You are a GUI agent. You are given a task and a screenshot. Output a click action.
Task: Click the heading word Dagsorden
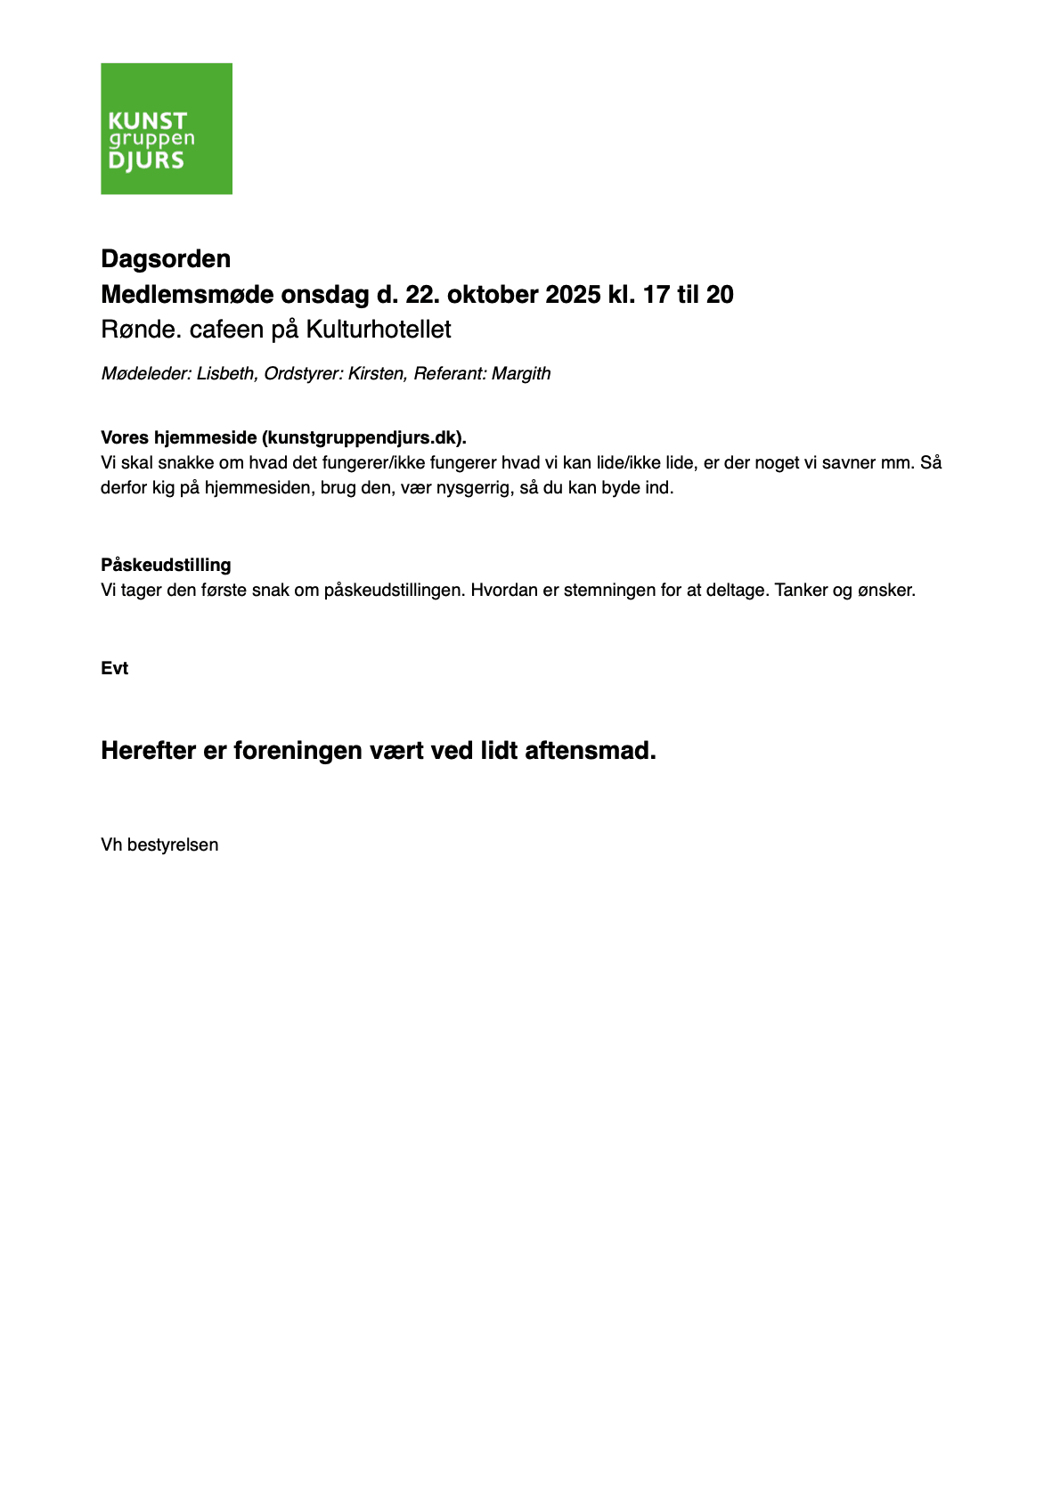[166, 259]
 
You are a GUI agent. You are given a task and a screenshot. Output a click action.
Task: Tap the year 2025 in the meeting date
[573, 295]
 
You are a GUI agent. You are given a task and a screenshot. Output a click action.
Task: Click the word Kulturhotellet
[379, 330]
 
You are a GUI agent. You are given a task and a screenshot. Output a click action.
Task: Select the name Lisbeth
[226, 374]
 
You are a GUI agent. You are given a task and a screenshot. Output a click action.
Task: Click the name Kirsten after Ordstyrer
[377, 374]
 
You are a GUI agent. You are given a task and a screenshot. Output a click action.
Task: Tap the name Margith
[521, 374]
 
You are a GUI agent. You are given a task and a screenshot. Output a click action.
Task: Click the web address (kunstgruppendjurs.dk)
[363, 438]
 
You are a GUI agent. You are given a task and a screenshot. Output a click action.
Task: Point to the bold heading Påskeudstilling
[166, 566]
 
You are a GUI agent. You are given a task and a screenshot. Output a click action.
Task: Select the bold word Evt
[114, 669]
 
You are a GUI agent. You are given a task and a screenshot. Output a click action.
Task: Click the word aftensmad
[590, 751]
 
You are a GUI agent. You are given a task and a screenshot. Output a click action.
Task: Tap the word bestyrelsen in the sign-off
[173, 845]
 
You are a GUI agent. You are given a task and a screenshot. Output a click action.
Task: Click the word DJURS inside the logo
[146, 161]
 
